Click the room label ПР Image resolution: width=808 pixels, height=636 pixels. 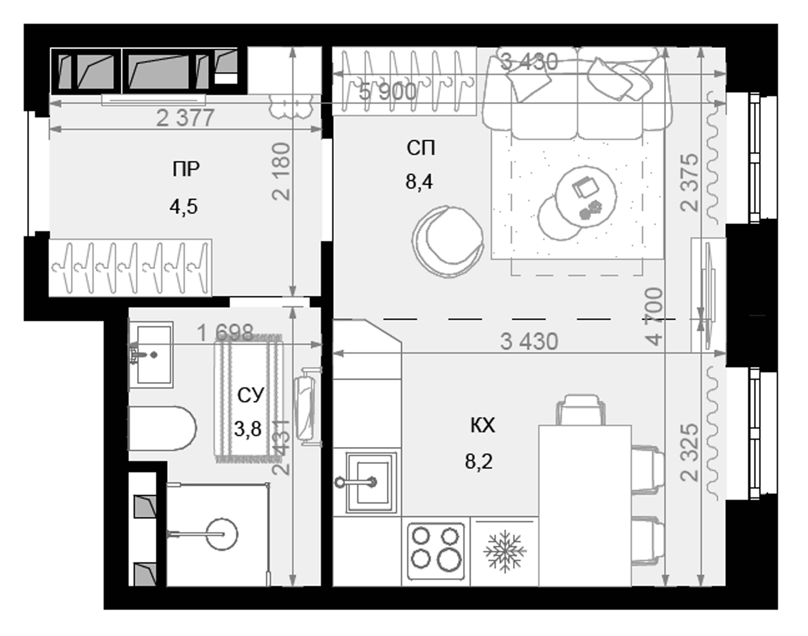tap(186, 169)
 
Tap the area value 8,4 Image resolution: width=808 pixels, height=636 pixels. tap(419, 181)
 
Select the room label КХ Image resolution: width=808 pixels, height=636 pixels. tap(482, 425)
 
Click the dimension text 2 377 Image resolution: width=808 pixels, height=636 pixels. tap(185, 118)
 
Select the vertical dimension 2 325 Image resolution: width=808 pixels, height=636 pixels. tap(689, 453)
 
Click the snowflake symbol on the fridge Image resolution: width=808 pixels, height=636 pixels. tap(505, 551)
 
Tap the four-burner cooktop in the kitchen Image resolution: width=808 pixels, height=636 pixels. tap(436, 551)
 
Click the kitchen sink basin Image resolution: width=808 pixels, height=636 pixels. tap(372, 483)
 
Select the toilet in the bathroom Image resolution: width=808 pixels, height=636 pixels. tap(162, 428)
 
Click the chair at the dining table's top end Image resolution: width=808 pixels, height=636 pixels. tap(580, 410)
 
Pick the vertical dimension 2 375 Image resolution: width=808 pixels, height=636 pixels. tap(689, 183)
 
